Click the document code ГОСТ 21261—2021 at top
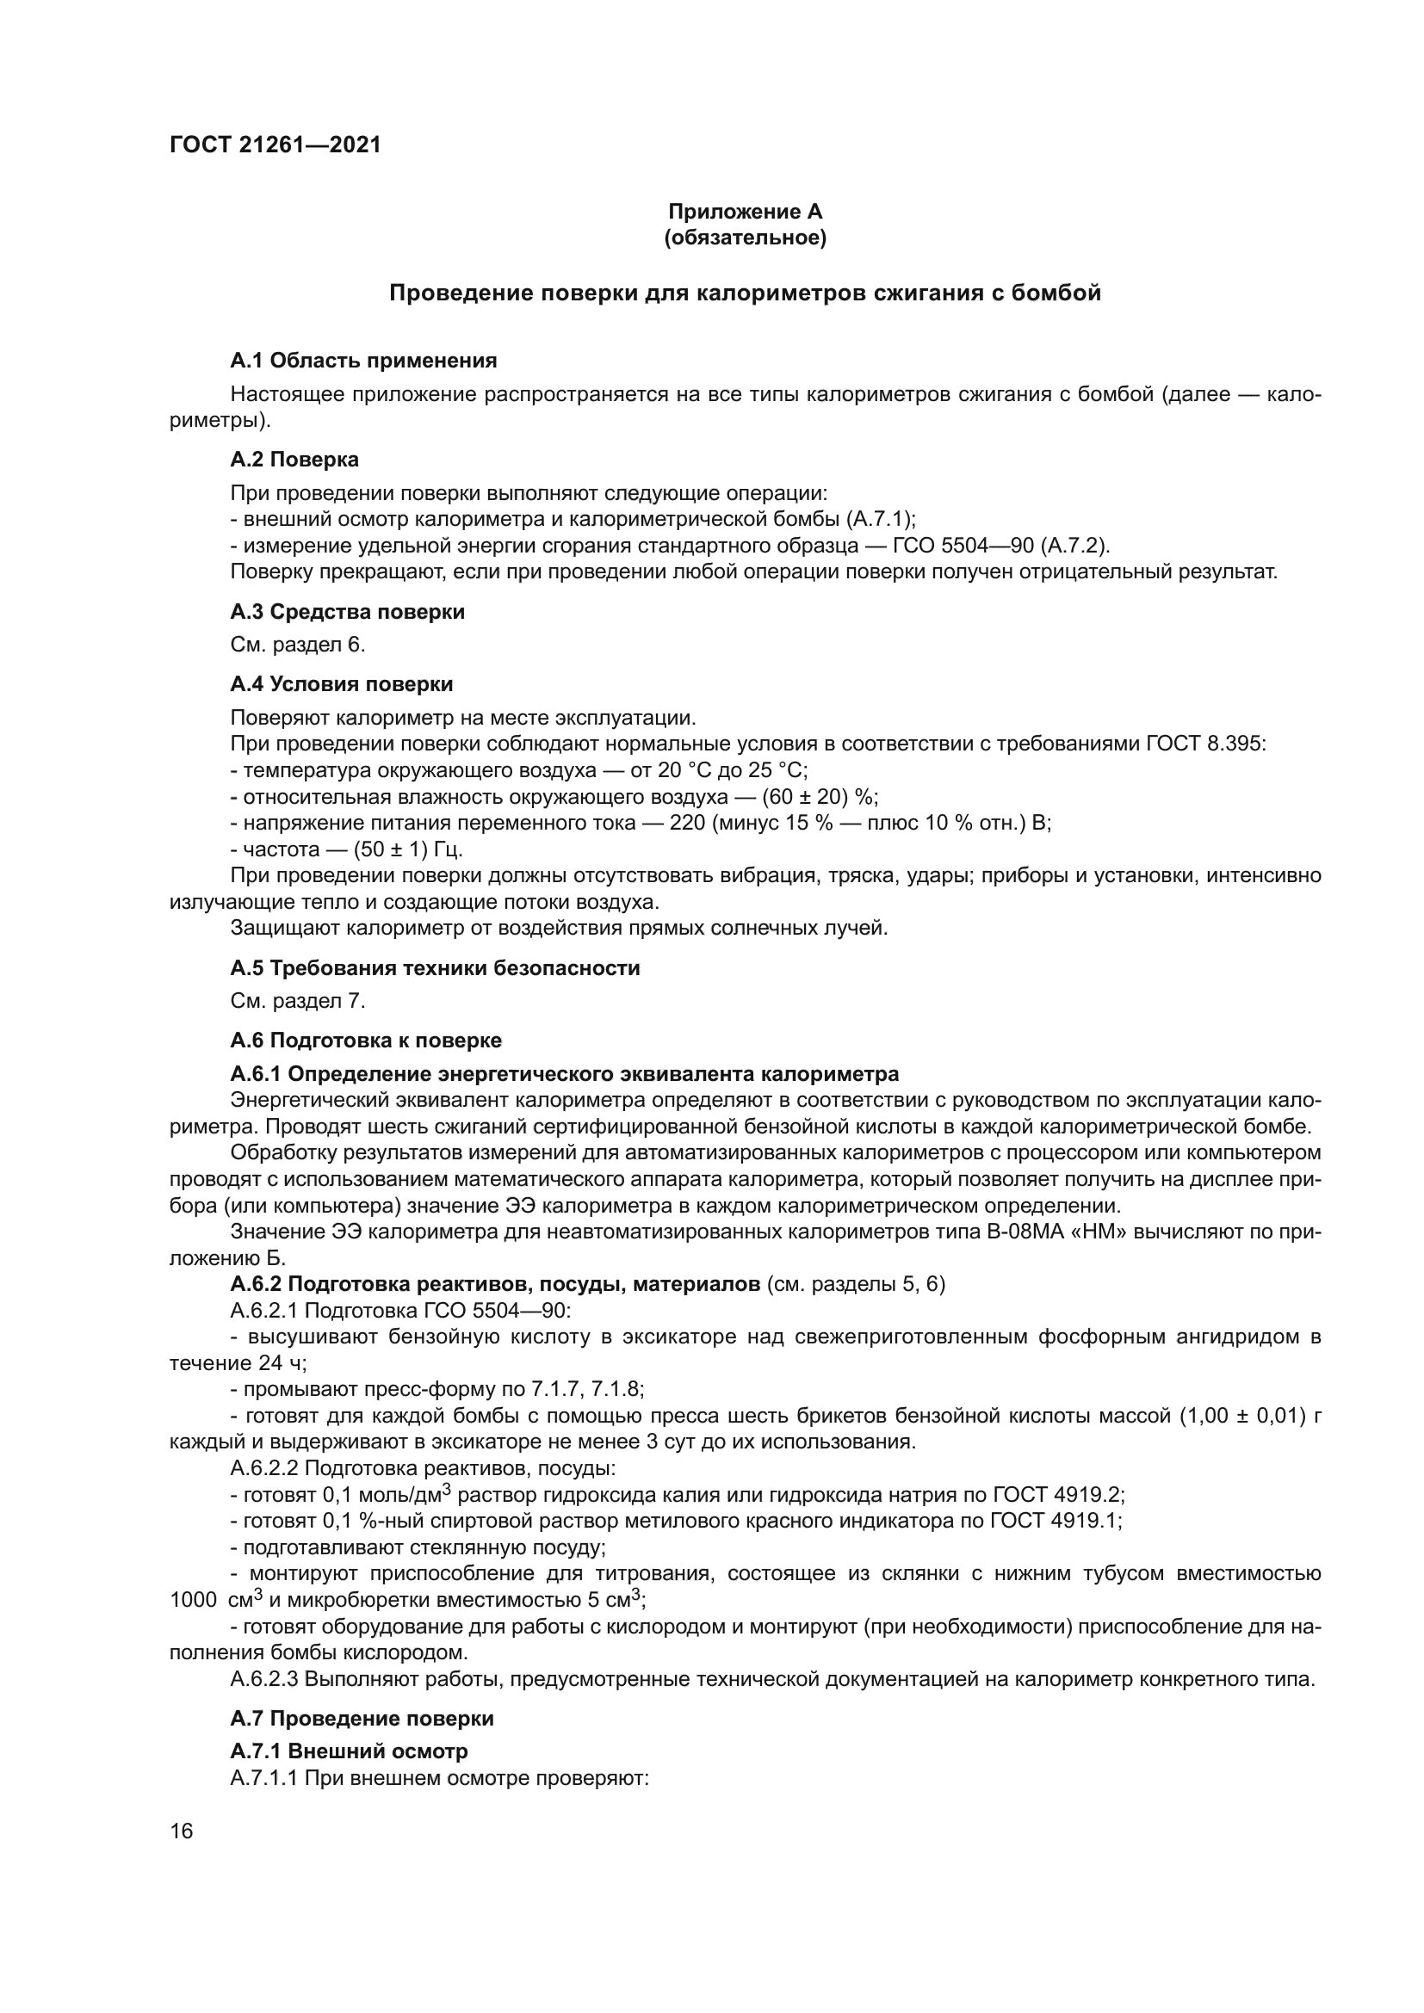pyautogui.click(x=276, y=145)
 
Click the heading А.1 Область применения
pyautogui.click(x=363, y=361)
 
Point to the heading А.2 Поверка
pyautogui.click(x=294, y=460)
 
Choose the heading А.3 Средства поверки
pyautogui.click(x=347, y=612)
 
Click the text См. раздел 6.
pyautogui.click(x=297, y=645)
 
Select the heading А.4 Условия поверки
pyautogui.click(x=341, y=684)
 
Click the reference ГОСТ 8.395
pyautogui.click(x=1204, y=744)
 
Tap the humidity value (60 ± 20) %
pyautogui.click(x=819, y=797)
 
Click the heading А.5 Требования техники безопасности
pyautogui.click(x=435, y=968)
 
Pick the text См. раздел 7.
pyautogui.click(x=297, y=1000)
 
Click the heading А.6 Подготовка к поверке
pyautogui.click(x=366, y=1040)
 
